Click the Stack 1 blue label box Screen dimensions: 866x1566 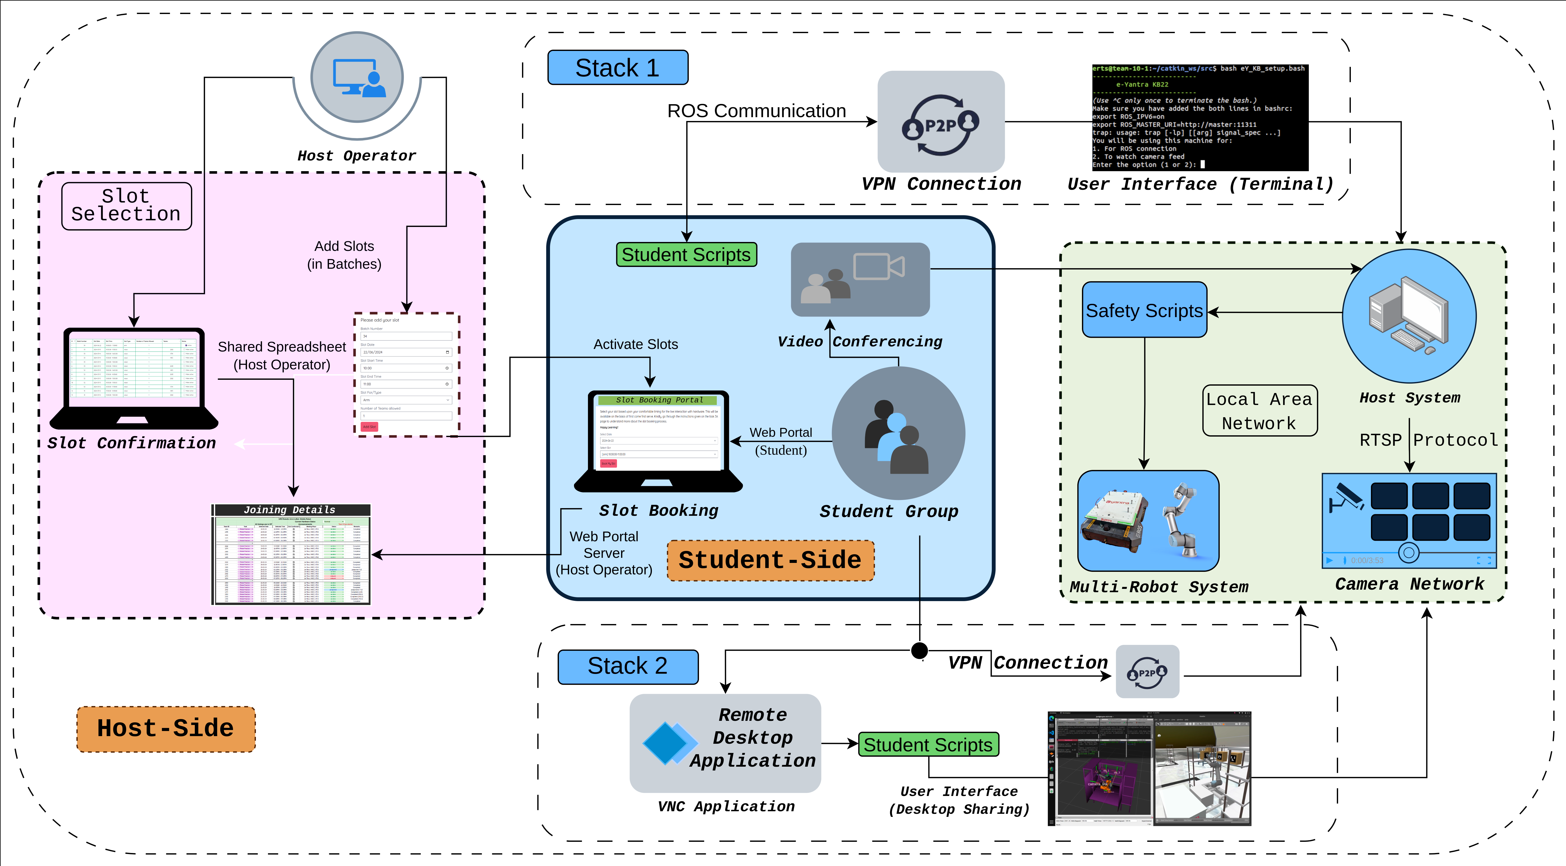pos(618,67)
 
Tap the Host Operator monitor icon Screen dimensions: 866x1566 pos(358,78)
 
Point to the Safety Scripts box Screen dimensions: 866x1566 pos(1144,310)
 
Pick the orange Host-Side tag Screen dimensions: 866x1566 pos(165,728)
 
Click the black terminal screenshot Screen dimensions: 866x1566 pos(1199,117)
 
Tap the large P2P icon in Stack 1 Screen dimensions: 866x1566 pos(940,123)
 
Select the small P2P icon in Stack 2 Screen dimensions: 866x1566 pos(1147,672)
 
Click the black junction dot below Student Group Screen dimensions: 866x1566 pos(919,651)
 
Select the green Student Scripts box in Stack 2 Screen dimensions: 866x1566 pos(928,744)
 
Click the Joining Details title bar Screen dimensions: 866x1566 pos(291,510)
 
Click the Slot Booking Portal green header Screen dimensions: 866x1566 pos(658,400)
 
